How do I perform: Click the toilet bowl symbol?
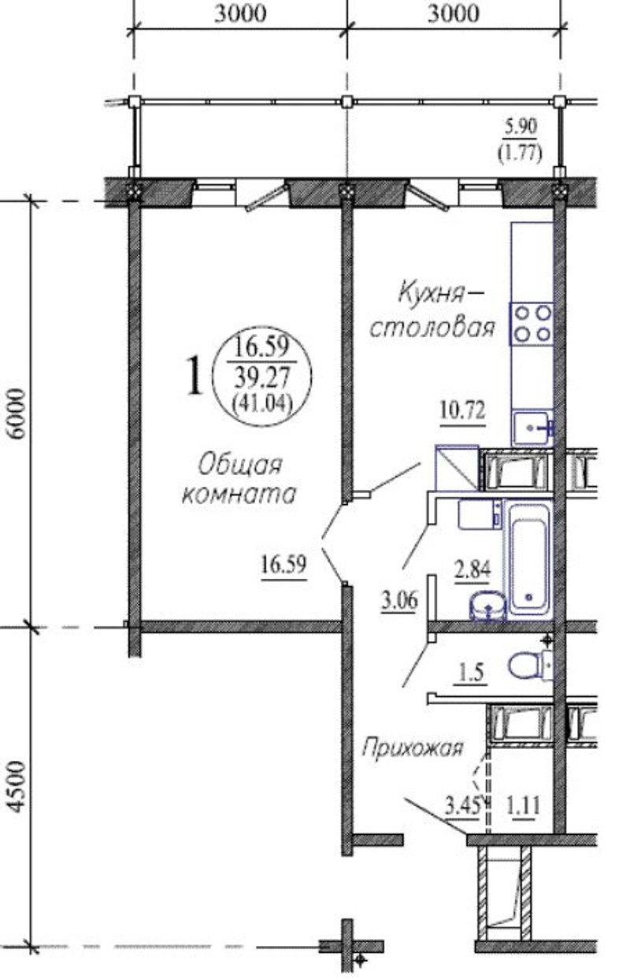coord(529,666)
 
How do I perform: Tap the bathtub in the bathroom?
coord(528,562)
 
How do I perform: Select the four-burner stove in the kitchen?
coord(532,324)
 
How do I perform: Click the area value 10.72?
coord(463,411)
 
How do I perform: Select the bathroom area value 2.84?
coord(472,570)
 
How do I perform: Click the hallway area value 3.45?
coord(462,806)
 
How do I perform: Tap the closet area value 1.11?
coord(523,806)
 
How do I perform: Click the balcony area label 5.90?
coord(521,128)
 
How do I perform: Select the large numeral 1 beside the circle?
coord(195,375)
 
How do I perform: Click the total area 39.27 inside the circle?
coord(262,377)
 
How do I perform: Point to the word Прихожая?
coord(412,749)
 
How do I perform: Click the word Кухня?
coord(430,293)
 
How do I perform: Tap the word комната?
coord(239,495)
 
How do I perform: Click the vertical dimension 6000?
coord(18,414)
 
